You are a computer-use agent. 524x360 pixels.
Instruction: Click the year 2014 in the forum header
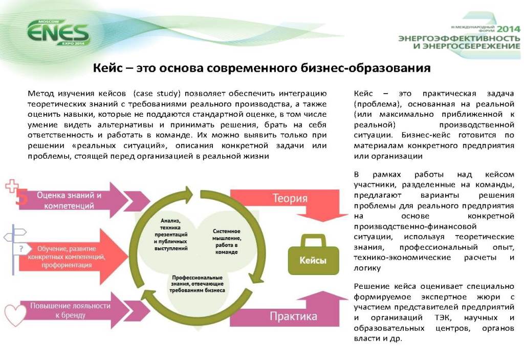(509, 29)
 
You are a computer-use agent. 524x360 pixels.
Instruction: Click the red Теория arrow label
(290, 198)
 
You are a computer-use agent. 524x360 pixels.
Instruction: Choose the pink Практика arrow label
(293, 316)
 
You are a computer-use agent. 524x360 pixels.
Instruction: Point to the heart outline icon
(15, 315)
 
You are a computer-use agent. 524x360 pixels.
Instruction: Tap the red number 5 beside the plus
(21, 197)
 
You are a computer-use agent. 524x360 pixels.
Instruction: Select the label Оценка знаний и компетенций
(69, 200)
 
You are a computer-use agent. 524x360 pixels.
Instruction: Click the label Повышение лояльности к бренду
(70, 310)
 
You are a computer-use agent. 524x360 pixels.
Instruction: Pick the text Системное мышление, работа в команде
(227, 241)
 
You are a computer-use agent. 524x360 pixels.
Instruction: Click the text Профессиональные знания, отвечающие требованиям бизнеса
(197, 284)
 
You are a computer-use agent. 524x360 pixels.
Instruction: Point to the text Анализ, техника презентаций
(171, 227)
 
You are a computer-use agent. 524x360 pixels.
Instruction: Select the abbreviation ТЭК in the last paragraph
(442, 317)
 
